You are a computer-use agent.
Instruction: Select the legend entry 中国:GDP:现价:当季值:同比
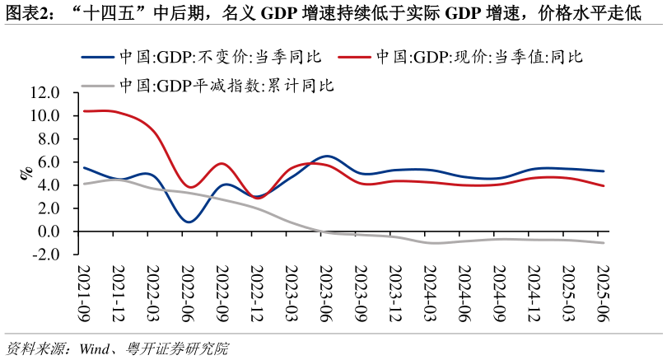pos(478,57)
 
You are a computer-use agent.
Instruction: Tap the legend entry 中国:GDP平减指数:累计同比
pos(226,84)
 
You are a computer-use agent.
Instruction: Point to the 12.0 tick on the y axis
pos(44,93)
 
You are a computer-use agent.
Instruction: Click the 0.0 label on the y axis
pos(49,231)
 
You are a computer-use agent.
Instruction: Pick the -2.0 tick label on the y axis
pos(46,255)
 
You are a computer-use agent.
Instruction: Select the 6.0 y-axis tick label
pos(49,162)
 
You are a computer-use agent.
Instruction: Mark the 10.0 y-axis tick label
pos(44,116)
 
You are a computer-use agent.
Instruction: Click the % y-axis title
pos(26,171)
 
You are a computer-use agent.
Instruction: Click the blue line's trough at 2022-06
pos(189,222)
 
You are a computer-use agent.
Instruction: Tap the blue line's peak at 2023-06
pos(327,156)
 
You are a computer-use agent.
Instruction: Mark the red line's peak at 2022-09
pos(222,164)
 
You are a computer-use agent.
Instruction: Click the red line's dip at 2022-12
pos(258,198)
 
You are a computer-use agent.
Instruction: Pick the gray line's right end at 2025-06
pos(604,242)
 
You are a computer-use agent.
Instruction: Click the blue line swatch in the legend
pos(98,57)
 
